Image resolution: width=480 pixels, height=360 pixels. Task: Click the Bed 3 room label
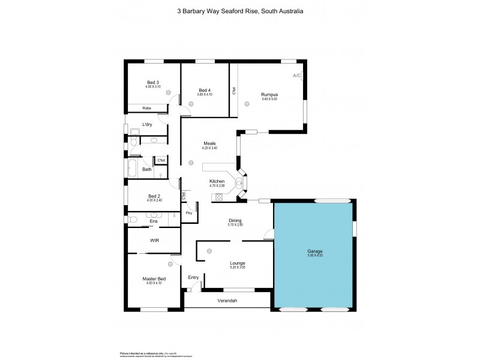pos(153,82)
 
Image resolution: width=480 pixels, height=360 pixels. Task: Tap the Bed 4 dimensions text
pos(205,94)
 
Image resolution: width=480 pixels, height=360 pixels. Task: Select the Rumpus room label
pos(269,94)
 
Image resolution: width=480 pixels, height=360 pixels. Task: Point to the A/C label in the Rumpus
pos(296,76)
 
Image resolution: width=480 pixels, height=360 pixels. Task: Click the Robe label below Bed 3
pos(146,108)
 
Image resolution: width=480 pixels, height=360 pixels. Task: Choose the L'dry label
pos(147,125)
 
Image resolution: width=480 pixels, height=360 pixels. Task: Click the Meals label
pos(209,143)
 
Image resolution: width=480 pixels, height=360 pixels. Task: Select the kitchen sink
pos(239,184)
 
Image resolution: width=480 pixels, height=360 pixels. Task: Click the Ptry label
pos(189,213)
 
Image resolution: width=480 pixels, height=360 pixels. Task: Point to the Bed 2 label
pos(154,196)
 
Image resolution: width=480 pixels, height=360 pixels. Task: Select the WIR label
pos(154,240)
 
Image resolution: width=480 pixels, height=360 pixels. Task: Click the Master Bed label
pos(154,279)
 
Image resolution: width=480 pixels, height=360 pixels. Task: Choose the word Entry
pos(193,277)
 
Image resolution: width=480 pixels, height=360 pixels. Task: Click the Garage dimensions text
pos(315,256)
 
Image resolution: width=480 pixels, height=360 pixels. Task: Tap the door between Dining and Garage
pos(271,236)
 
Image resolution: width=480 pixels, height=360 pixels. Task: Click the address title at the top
pos(240,10)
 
